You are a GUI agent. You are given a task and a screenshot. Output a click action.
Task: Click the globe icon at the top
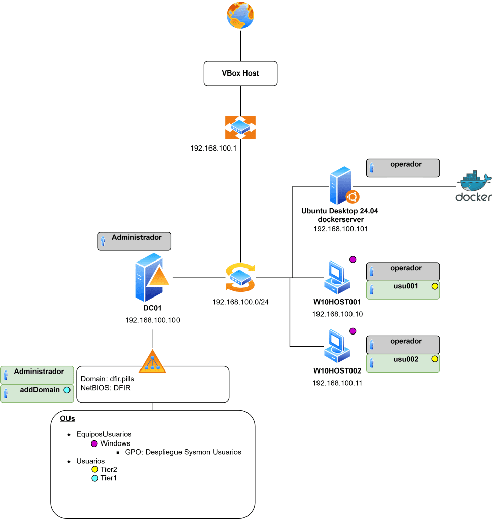click(x=240, y=15)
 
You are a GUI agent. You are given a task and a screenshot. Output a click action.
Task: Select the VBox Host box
click(x=240, y=73)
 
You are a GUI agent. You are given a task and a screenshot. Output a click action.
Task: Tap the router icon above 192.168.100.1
click(x=240, y=127)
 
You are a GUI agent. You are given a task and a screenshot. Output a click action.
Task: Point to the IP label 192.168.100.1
click(x=214, y=149)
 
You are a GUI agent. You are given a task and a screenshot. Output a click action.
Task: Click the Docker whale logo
click(x=474, y=186)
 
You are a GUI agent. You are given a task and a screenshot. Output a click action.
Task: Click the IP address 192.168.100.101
click(x=341, y=229)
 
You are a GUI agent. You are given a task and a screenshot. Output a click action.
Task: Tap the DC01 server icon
click(x=152, y=277)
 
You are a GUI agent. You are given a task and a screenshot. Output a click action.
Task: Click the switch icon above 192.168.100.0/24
click(x=240, y=277)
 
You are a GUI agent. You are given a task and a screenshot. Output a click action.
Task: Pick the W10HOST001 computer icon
click(x=337, y=277)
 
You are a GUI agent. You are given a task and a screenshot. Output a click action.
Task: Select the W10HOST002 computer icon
click(x=337, y=346)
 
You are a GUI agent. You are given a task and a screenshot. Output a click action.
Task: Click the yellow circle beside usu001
click(x=435, y=286)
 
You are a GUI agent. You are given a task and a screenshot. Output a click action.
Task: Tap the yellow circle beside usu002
click(x=435, y=359)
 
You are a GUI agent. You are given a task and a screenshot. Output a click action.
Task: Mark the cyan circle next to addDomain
click(x=67, y=390)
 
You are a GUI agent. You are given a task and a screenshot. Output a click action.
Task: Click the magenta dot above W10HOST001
click(x=353, y=259)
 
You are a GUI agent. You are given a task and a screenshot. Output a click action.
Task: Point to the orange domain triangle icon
click(x=152, y=361)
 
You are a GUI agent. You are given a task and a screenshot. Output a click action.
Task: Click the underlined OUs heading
click(x=67, y=418)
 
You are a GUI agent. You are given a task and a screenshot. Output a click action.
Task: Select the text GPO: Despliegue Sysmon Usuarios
click(x=183, y=452)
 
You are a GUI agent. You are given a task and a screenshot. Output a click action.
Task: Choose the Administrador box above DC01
click(x=134, y=241)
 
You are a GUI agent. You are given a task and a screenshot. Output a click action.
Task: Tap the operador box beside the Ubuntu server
click(x=403, y=168)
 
